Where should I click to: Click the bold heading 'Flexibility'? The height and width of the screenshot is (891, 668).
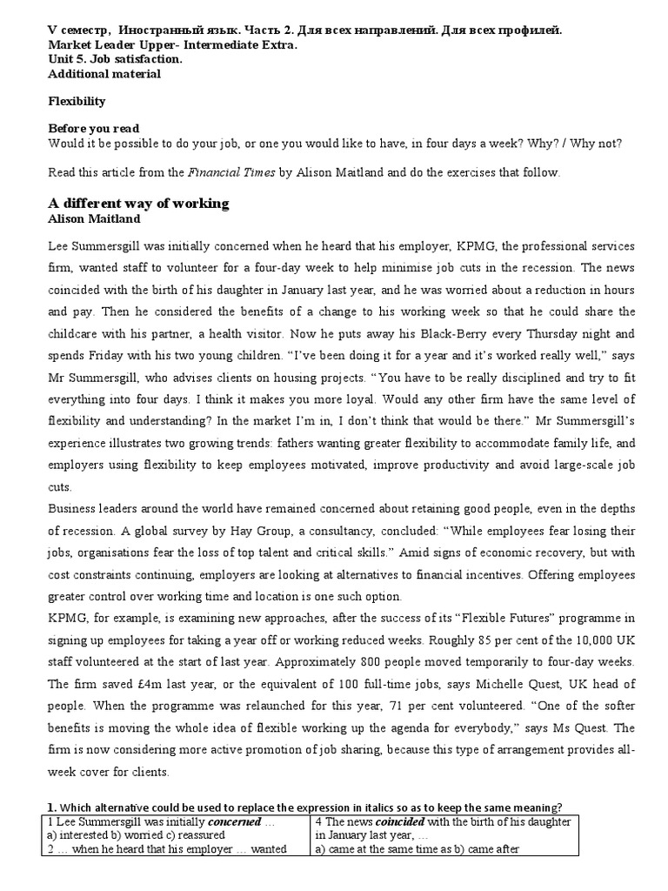77,101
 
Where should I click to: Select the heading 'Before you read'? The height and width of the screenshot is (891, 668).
93,128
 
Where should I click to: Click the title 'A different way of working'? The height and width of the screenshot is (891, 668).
138,203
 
